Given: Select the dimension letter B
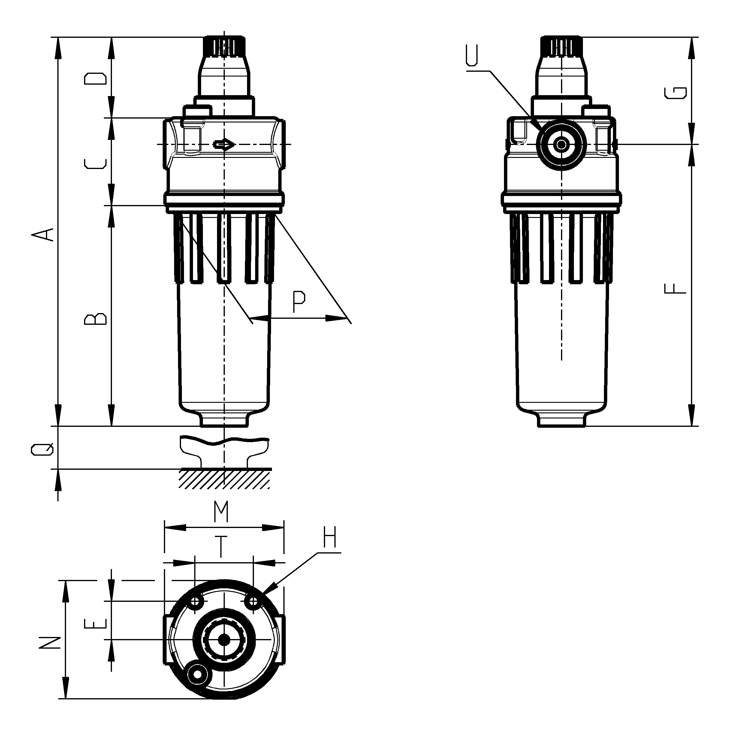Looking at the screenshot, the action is tap(95, 318).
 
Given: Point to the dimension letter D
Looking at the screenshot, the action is tap(95, 79).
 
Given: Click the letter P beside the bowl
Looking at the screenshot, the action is tap(299, 302).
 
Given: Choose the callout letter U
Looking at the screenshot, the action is tap(472, 55).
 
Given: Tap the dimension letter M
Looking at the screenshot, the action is tap(221, 511).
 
